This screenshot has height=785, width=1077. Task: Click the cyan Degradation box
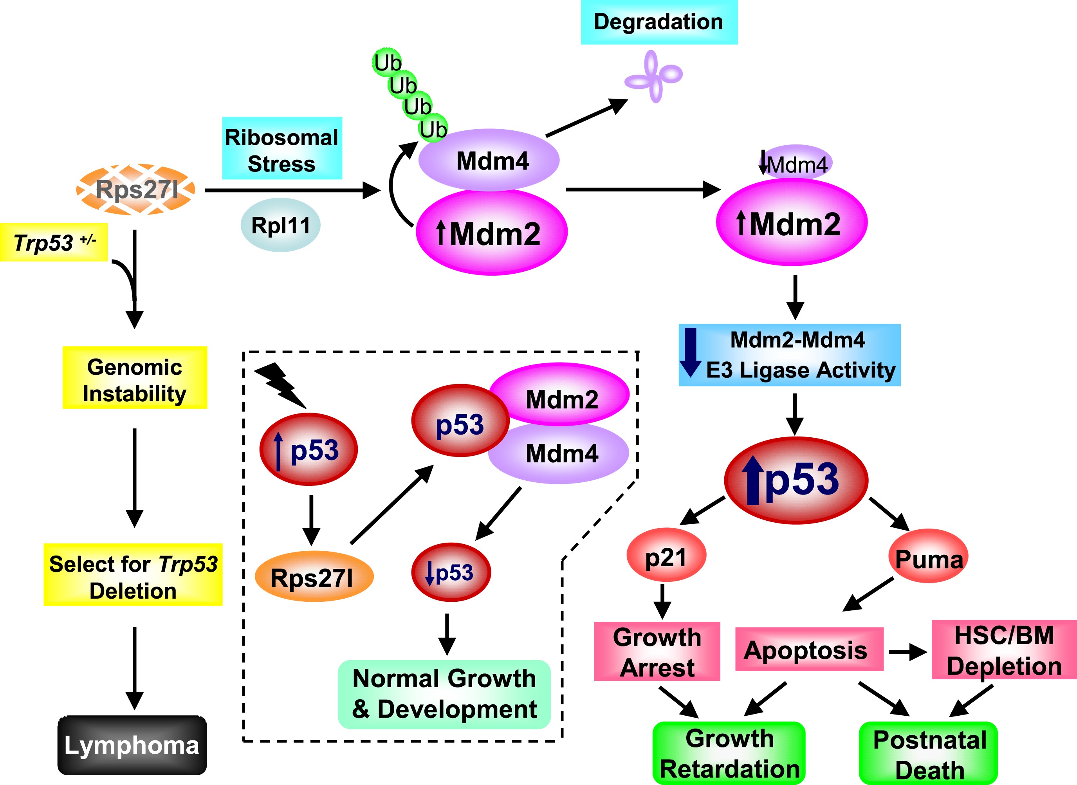click(x=658, y=22)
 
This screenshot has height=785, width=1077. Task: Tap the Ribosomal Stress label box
click(x=282, y=148)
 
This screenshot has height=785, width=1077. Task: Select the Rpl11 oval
click(x=280, y=225)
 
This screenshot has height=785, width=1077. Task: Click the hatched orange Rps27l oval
click(x=136, y=189)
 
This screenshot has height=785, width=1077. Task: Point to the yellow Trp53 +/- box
click(x=54, y=242)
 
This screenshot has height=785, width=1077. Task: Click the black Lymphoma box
click(x=132, y=745)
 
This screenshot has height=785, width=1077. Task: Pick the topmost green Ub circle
click(x=387, y=62)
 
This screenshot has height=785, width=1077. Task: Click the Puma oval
click(x=928, y=557)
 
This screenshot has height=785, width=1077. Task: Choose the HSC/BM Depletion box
click(x=1003, y=650)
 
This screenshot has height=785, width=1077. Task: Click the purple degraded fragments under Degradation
click(x=654, y=76)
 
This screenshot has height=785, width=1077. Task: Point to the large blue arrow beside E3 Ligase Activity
click(x=690, y=352)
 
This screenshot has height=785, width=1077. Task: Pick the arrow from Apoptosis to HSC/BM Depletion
click(x=907, y=652)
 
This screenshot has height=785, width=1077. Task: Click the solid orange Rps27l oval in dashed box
click(x=314, y=576)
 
